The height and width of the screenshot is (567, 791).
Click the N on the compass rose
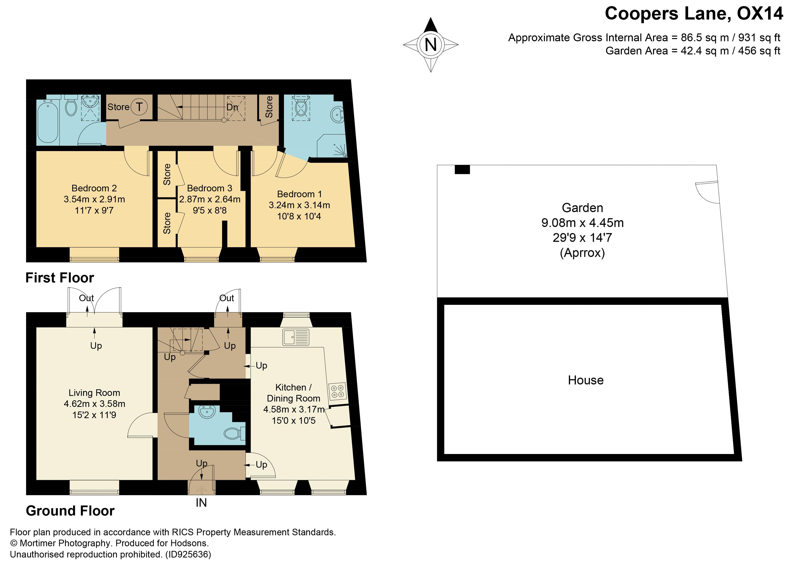(431, 45)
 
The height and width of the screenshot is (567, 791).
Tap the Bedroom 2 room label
(94, 188)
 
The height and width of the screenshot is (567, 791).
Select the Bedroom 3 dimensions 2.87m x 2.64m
(210, 199)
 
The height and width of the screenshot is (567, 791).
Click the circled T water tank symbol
(139, 107)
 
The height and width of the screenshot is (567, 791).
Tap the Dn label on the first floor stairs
(232, 107)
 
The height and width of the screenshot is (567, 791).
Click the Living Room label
(94, 393)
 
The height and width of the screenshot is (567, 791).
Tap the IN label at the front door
(201, 503)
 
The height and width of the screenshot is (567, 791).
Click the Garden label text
(582, 208)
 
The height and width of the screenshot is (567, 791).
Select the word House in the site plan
(586, 380)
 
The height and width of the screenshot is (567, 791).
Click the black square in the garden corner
(462, 169)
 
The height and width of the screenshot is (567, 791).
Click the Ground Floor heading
(70, 511)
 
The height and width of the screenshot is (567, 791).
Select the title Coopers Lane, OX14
(694, 14)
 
